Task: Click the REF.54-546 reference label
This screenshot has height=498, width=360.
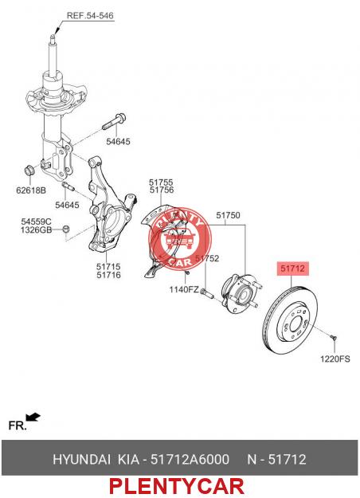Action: coord(90,16)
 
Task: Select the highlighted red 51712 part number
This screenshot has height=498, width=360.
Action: coord(292,269)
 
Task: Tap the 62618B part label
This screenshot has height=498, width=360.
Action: coord(31,190)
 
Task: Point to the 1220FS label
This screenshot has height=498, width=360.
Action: coord(335,359)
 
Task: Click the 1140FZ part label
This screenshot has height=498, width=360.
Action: coord(184,289)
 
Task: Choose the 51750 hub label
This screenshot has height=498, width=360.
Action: coord(228,215)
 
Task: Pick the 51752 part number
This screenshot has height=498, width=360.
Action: coord(207,258)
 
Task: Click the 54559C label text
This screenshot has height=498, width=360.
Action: coord(36,222)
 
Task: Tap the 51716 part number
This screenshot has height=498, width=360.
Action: coord(108,275)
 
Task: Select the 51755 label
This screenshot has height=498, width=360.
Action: coord(161,182)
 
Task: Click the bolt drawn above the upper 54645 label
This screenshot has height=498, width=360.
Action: coord(114,122)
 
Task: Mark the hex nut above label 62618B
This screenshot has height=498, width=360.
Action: coord(29,171)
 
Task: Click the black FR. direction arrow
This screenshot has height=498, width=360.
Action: coord(33,417)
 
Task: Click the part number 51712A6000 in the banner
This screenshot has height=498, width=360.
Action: coord(190,459)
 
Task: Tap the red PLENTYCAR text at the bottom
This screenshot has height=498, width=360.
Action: coord(177,486)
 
